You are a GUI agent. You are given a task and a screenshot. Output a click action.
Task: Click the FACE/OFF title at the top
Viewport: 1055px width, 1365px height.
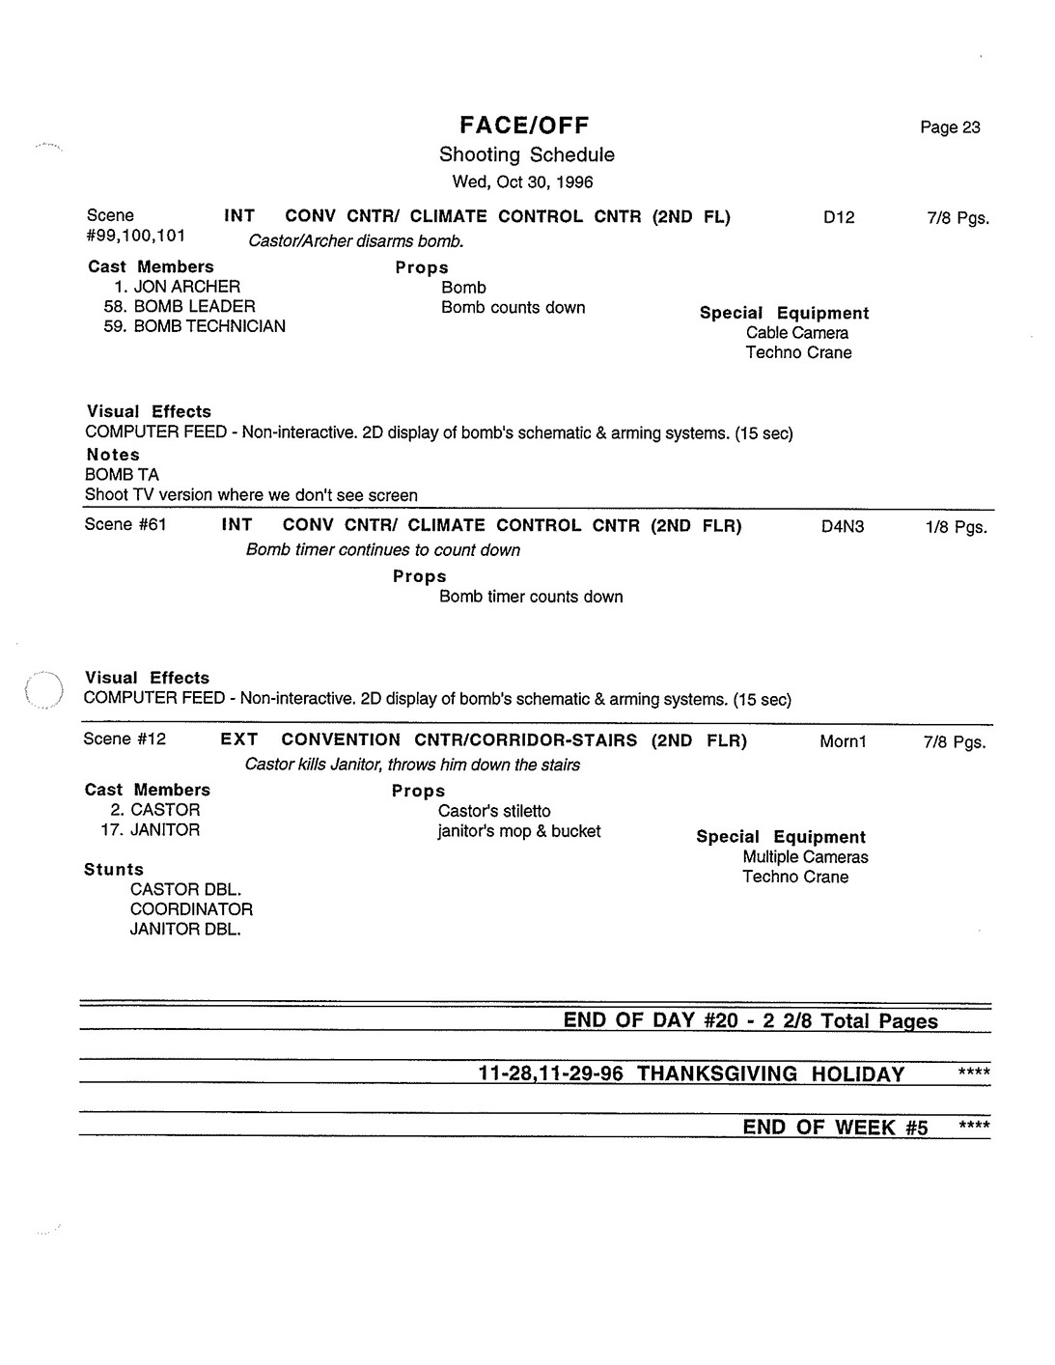[524, 125]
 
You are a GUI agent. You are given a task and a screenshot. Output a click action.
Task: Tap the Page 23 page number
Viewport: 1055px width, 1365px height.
[950, 127]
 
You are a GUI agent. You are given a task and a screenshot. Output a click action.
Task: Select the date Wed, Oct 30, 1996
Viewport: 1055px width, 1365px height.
[522, 181]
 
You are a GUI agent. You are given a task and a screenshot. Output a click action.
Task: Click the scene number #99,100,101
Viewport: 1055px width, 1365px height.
[135, 236]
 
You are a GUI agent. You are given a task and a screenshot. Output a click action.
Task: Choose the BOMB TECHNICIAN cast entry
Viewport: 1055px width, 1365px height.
[208, 326]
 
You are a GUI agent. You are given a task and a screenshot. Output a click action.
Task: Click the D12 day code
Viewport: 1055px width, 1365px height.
[839, 218]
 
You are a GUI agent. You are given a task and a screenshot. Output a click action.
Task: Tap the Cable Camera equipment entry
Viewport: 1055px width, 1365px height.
[796, 333]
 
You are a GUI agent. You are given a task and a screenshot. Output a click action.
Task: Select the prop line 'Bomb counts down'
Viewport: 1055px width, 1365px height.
[513, 308]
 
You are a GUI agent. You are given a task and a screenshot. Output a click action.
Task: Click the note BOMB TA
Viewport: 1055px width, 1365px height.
[122, 475]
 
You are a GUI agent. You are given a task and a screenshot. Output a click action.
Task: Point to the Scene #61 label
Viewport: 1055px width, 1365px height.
[125, 525]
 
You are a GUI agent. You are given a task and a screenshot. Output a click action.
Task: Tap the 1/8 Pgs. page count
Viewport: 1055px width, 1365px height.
[956, 527]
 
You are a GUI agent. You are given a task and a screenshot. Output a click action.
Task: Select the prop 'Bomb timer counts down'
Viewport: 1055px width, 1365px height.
[531, 597]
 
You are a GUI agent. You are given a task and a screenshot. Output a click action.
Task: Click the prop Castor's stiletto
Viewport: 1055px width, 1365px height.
[494, 811]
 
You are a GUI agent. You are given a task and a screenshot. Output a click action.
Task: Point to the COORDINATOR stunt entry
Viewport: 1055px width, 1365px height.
[191, 909]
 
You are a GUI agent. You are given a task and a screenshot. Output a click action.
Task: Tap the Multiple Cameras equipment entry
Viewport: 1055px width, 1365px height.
[805, 857]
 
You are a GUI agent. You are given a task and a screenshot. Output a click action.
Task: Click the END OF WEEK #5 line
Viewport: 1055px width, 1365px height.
[835, 1128]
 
